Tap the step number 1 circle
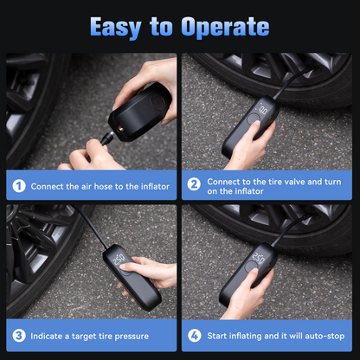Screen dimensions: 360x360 click(18, 185)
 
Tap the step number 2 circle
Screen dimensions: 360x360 click(195, 185)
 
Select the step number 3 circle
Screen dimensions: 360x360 click(18, 335)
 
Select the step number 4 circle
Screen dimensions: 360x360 click(195, 335)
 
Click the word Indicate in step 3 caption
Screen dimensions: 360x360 click(48, 336)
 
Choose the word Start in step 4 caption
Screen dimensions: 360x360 click(221, 336)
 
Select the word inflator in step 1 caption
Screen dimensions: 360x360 click(150, 186)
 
